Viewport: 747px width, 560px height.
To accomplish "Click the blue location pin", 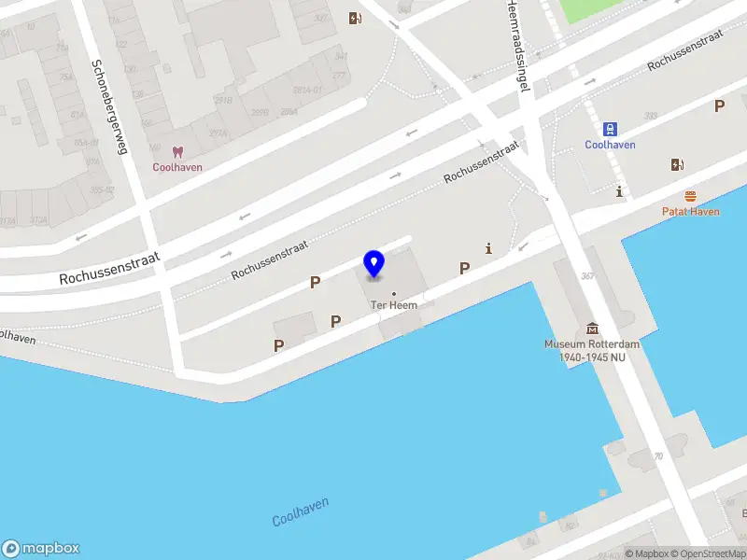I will pyautogui.click(x=373, y=264).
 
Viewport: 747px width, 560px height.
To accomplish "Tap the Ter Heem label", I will pyautogui.click(x=393, y=305).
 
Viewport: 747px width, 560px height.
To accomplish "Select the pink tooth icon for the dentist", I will pyautogui.click(x=177, y=152).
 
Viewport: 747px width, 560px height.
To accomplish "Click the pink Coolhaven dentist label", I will pyautogui.click(x=177, y=168).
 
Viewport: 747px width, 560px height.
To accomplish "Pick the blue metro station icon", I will pyautogui.click(x=610, y=129).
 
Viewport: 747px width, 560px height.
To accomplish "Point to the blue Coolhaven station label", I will pyautogui.click(x=610, y=145).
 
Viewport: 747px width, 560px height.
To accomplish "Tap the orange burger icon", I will pyautogui.click(x=690, y=196).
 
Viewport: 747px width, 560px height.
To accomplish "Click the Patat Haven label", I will pyautogui.click(x=690, y=212).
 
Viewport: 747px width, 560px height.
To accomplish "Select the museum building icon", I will pyautogui.click(x=592, y=329).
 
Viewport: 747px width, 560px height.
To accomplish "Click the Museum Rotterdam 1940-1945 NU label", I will pyautogui.click(x=592, y=350).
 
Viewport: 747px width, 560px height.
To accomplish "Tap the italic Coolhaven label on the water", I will pyautogui.click(x=301, y=511).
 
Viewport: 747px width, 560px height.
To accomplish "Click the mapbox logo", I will pyautogui.click(x=40, y=549).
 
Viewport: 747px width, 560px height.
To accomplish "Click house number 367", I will pyautogui.click(x=587, y=276).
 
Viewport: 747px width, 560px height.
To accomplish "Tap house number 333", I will pyautogui.click(x=650, y=116).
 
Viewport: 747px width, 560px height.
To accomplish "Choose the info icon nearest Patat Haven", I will pyautogui.click(x=620, y=192).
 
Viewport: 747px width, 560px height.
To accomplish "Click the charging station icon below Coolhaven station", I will pyautogui.click(x=677, y=165).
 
